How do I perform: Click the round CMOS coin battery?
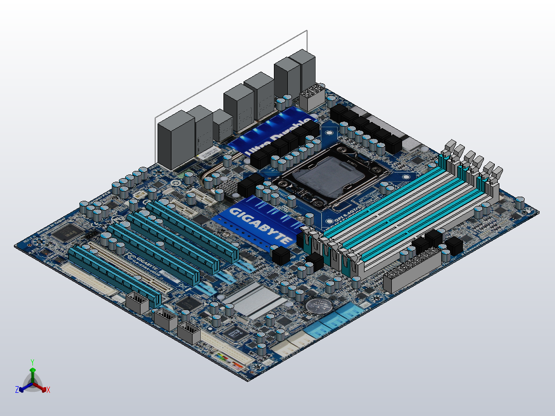click(x=318, y=306)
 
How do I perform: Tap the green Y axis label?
click(x=32, y=362)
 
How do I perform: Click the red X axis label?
click(x=48, y=390)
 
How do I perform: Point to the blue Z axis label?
click(x=17, y=390)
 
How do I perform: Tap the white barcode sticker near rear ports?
click(x=209, y=152)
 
